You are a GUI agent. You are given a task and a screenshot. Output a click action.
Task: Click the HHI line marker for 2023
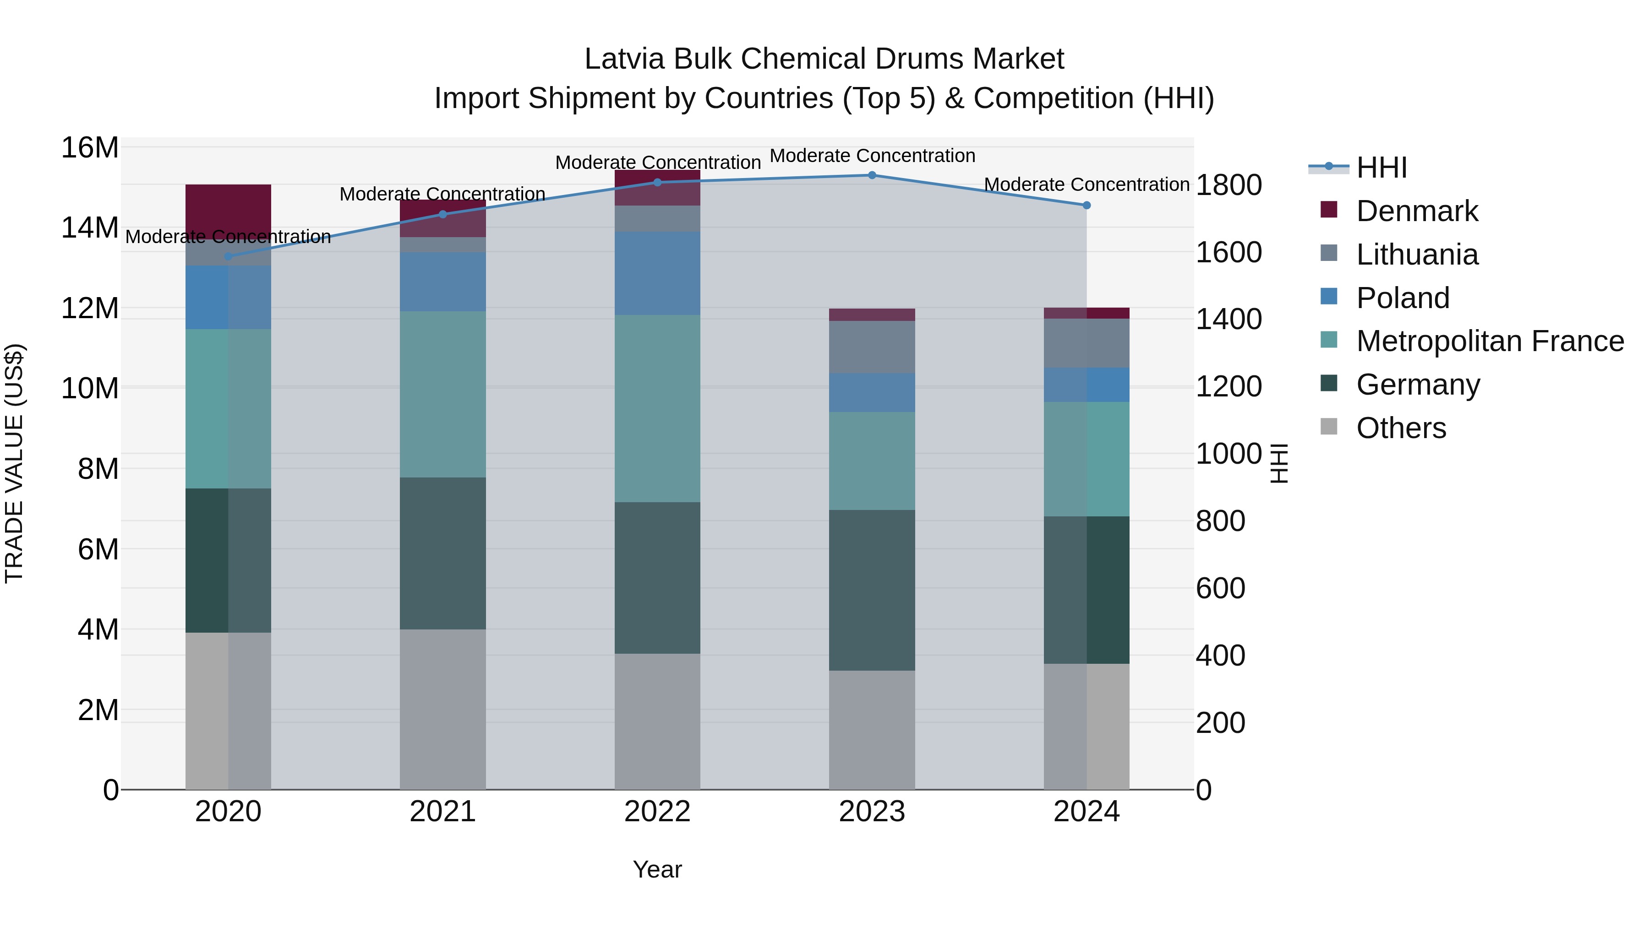coord(871,175)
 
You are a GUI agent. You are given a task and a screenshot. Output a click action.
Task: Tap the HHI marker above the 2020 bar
coord(228,256)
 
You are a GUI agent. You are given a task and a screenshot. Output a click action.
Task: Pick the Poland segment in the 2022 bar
coord(657,273)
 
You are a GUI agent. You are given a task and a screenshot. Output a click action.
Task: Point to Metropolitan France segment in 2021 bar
coord(442,394)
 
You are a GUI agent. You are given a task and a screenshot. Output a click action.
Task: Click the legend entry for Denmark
coord(1417,211)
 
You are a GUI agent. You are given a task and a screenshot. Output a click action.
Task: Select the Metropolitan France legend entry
coord(1490,341)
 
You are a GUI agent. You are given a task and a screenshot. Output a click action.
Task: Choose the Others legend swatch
coord(1329,427)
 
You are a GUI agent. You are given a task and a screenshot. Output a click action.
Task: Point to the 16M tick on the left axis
coord(90,148)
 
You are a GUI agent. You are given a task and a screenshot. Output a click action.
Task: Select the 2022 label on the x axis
coord(657,812)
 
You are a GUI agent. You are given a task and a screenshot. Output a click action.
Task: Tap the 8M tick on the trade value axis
coord(98,469)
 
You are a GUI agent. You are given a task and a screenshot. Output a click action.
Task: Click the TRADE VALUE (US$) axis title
coord(14,463)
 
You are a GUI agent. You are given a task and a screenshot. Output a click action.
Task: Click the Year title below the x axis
coord(657,869)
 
